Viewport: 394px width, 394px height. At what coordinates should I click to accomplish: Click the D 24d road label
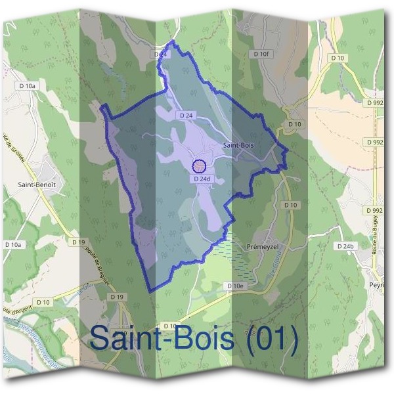(x=202, y=179)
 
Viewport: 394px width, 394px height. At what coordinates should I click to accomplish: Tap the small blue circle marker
(x=200, y=165)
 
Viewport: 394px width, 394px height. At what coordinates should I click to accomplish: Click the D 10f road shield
(x=261, y=54)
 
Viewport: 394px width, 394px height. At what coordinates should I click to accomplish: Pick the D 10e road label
(x=234, y=286)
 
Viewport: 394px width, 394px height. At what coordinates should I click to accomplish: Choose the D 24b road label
(x=344, y=246)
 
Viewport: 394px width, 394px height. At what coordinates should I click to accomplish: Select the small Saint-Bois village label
(x=238, y=144)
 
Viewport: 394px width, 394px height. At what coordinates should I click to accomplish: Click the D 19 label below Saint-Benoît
(x=78, y=242)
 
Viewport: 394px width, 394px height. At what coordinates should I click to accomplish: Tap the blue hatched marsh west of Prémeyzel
(x=230, y=256)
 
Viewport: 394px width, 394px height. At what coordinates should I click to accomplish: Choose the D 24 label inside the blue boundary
(x=186, y=115)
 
